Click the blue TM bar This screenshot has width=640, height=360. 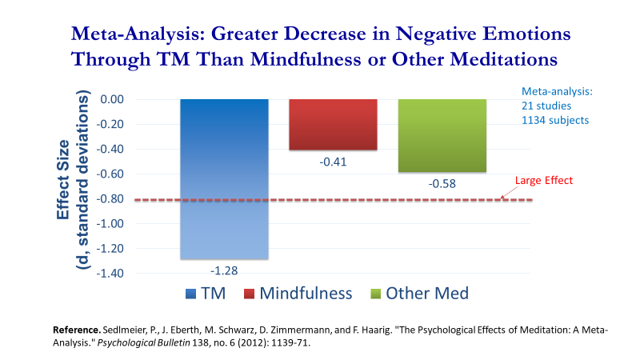pyautogui.click(x=225, y=178)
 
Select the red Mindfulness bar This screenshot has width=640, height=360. pyautogui.click(x=333, y=125)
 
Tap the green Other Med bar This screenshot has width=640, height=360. pyautogui.click(x=442, y=135)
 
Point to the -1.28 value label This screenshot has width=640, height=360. pyautogui.click(x=224, y=270)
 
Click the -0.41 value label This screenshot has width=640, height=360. pyautogui.click(x=333, y=162)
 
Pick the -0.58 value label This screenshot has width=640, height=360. pyautogui.click(x=442, y=184)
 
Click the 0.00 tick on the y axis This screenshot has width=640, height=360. pyautogui.click(x=112, y=99)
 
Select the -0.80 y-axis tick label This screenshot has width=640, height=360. pyautogui.click(x=110, y=198)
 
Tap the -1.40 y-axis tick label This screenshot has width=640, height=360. pyautogui.click(x=110, y=273)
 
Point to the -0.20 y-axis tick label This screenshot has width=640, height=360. pyautogui.click(x=110, y=124)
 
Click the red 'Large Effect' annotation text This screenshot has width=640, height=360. pyautogui.click(x=544, y=181)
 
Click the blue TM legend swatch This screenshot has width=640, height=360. pyautogui.click(x=190, y=294)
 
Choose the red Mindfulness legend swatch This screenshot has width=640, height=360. pyautogui.click(x=249, y=294)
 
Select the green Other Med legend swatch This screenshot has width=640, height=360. pyautogui.click(x=375, y=294)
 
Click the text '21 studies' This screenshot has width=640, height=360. pyautogui.click(x=546, y=106)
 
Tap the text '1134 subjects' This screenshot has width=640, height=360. pyautogui.click(x=555, y=121)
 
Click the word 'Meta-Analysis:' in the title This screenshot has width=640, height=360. pyautogui.click(x=138, y=34)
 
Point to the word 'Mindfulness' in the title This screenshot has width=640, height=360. pyautogui.click(x=306, y=59)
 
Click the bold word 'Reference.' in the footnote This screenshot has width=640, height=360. pyautogui.click(x=77, y=330)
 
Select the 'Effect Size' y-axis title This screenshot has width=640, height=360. pyautogui.click(x=63, y=179)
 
